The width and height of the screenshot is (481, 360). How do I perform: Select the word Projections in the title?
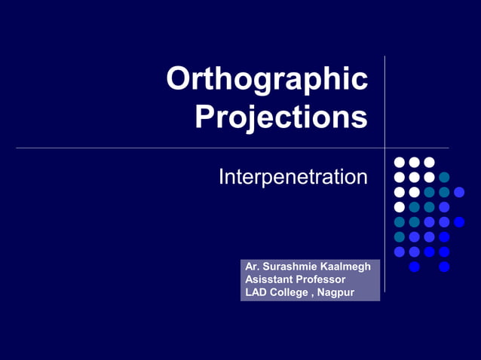(281, 117)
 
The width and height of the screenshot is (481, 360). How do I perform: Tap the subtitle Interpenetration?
(293, 178)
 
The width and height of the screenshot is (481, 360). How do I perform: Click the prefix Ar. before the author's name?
(252, 267)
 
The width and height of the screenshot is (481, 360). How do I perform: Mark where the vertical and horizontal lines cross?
(384, 148)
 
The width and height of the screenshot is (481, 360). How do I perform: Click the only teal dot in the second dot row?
(444, 177)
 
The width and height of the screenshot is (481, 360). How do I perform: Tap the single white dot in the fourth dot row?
(400, 207)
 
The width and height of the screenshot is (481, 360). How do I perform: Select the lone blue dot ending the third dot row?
(459, 192)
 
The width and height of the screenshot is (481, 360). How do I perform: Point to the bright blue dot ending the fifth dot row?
(459, 221)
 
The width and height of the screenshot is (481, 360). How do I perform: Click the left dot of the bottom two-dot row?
(414, 267)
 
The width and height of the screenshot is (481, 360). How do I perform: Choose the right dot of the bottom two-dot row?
(444, 267)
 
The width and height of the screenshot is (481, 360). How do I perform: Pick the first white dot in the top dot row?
(400, 162)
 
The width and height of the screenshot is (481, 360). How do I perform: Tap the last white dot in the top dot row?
(429, 162)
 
